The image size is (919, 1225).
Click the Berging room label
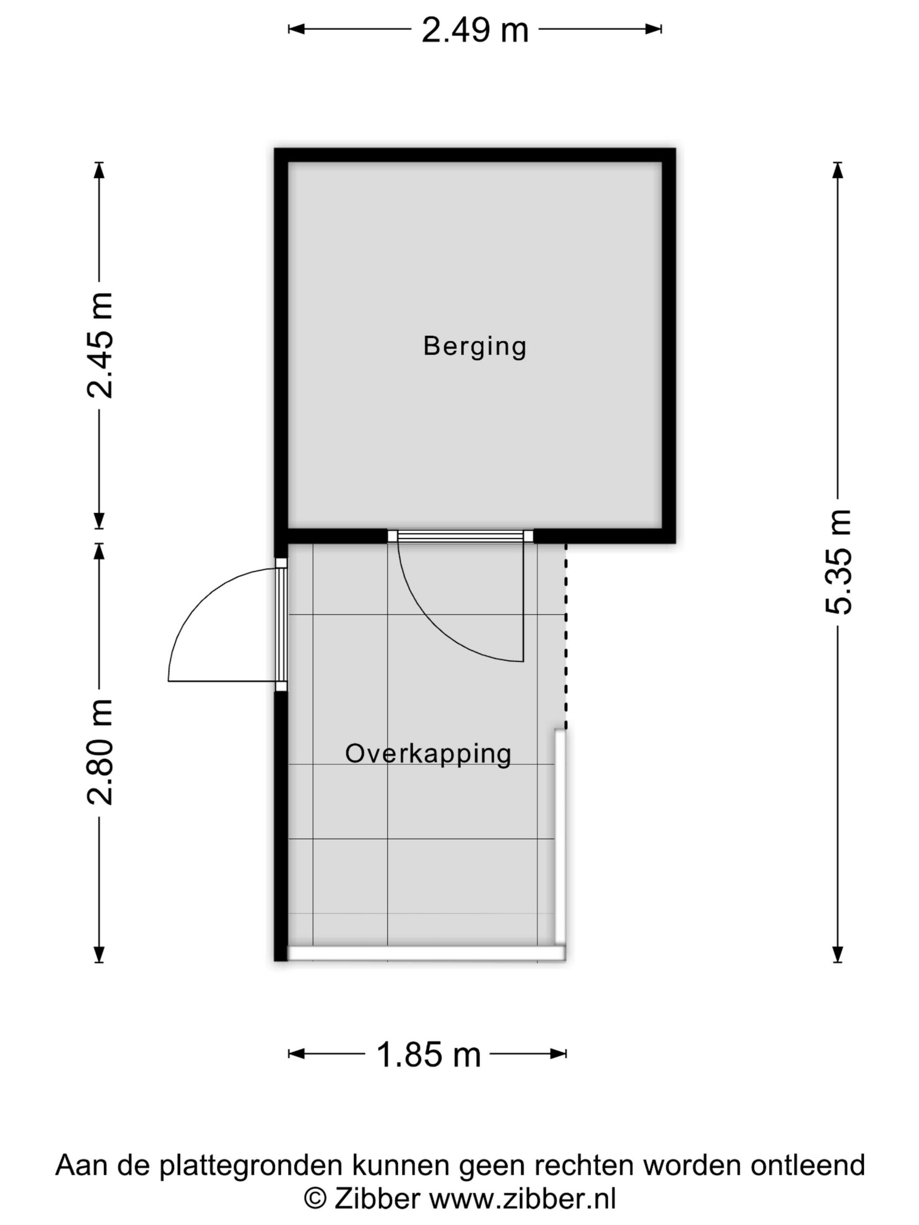(x=474, y=346)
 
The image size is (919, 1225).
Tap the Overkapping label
(x=428, y=754)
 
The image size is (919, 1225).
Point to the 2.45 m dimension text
(x=100, y=345)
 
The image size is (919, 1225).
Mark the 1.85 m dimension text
(x=428, y=1054)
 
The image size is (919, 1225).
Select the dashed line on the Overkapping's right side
(x=565, y=637)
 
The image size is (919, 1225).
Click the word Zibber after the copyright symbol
(x=377, y=1200)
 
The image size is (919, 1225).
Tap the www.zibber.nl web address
(x=523, y=1200)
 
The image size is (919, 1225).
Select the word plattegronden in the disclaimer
(x=251, y=1165)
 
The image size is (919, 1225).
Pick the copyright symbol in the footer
(x=315, y=1200)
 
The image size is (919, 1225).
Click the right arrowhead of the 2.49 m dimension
(x=655, y=29)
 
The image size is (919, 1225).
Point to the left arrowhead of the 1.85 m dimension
(x=295, y=1054)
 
